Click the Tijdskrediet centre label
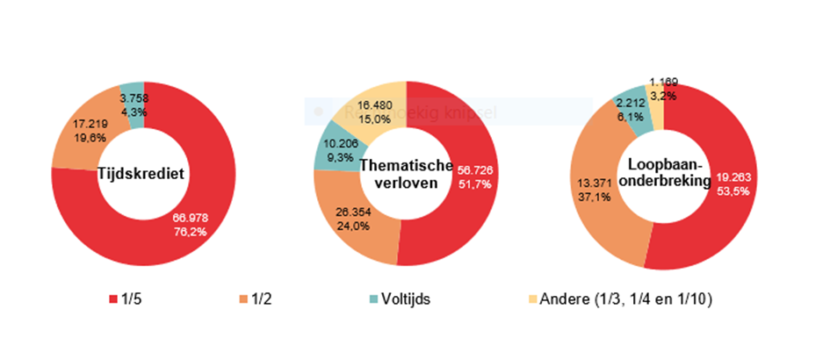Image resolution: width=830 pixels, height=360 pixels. (x=141, y=173)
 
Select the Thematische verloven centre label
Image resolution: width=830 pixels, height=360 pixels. (x=402, y=174)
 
